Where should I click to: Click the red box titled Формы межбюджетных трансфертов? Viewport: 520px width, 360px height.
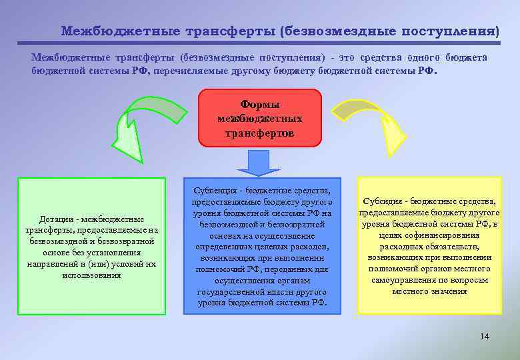259,117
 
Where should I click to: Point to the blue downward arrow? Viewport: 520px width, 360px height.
259,161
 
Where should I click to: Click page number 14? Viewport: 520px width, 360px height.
485,336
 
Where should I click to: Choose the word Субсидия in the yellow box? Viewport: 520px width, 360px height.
385,201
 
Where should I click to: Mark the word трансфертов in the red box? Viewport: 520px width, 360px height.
260,133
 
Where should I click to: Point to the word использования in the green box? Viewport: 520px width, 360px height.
91,275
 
